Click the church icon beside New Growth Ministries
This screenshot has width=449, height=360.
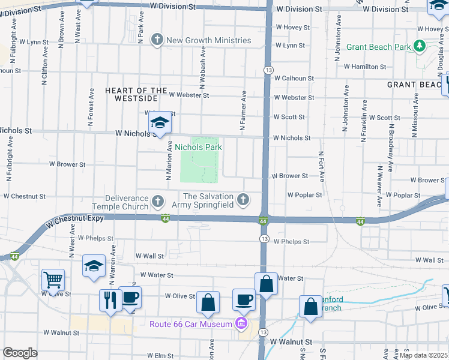(x=157, y=40)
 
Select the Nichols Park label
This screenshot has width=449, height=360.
(x=202, y=147)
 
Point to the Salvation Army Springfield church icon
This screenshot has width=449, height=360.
(x=243, y=199)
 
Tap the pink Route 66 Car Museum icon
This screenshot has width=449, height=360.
(x=241, y=324)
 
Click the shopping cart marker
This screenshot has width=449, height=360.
(x=53, y=280)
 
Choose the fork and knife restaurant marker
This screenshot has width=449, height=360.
(x=110, y=299)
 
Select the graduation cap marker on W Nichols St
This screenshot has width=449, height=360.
(x=159, y=123)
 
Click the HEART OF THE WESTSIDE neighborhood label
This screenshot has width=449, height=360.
(x=136, y=95)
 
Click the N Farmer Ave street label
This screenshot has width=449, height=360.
(x=244, y=111)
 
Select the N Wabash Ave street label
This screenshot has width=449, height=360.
(x=203, y=65)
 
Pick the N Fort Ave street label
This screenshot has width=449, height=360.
(x=322, y=166)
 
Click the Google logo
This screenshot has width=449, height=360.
(x=20, y=353)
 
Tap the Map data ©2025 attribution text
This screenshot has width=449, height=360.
(x=423, y=355)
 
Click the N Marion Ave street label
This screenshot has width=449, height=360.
(x=170, y=161)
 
